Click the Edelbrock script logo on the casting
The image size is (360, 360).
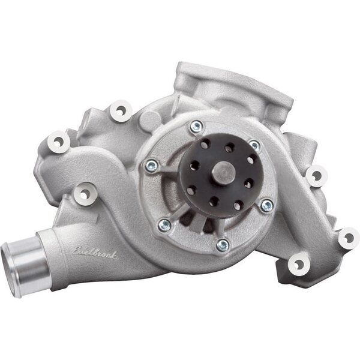(x=95, y=253)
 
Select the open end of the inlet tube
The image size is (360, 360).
(x=10, y=271)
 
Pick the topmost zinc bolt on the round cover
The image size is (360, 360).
(x=196, y=127)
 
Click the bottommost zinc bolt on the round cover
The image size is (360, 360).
(x=223, y=245)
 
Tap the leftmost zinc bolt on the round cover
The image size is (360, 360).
(x=152, y=166)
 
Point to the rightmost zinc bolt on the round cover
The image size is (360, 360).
(x=266, y=205)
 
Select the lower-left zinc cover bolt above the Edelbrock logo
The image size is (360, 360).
(x=164, y=225)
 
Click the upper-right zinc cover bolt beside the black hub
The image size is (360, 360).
(x=254, y=145)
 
